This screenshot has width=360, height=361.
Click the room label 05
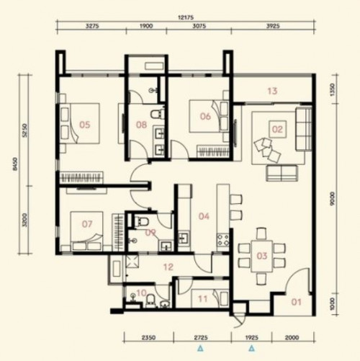click(85, 125)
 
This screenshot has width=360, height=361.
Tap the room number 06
click(205, 117)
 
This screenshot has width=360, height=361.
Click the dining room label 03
click(262, 256)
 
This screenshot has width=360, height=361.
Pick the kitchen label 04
click(204, 215)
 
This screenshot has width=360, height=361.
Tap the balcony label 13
click(271, 92)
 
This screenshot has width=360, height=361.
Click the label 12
click(168, 268)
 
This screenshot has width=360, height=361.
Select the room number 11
click(202, 296)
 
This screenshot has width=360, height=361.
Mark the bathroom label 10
click(141, 293)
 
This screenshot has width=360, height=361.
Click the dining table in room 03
click(262, 253)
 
